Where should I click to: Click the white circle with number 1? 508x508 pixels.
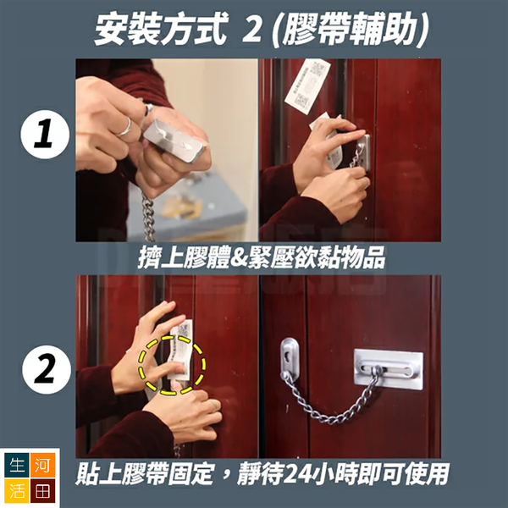click(x=45, y=134)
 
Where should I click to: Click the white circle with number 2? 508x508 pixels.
click(x=47, y=369)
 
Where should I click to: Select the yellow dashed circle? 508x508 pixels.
click(x=173, y=365)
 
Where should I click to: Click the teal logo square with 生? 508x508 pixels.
click(x=17, y=465)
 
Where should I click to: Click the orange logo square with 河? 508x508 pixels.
click(x=42, y=465)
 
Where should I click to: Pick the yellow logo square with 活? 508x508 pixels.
click(x=17, y=490)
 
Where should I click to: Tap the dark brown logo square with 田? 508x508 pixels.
click(x=42, y=490)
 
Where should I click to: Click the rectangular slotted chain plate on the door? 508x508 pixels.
click(x=388, y=368)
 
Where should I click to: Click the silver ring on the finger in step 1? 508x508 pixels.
click(x=124, y=127)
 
